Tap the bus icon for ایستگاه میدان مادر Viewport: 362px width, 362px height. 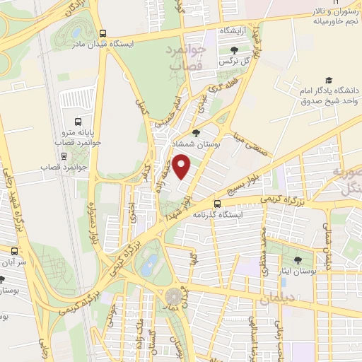[104, 33]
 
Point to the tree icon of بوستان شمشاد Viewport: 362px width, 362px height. [197, 132]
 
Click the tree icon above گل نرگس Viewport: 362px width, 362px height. [234, 49]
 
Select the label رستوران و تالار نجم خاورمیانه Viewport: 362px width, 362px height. [334, 18]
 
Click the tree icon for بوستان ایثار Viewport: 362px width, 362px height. [298, 259]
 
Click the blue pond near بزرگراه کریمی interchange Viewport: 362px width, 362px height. [149, 265]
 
